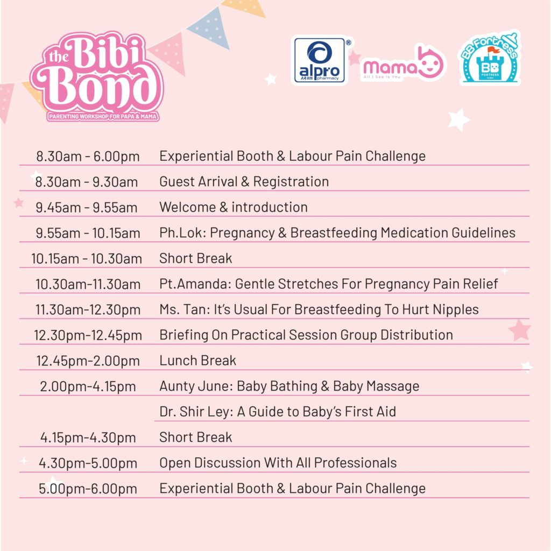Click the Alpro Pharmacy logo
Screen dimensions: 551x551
(320, 60)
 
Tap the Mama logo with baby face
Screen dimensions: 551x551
(402, 63)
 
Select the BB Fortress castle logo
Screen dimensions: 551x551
(490, 58)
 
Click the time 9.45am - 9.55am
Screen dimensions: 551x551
(87, 207)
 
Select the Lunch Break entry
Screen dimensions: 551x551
(197, 361)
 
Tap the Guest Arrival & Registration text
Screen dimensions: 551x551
(244, 182)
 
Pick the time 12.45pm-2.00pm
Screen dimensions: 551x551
(88, 361)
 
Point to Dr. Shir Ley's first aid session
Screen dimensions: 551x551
(278, 412)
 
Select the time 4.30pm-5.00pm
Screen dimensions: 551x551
(88, 463)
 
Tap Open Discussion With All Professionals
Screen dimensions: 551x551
(278, 463)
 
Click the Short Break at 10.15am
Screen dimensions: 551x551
(196, 258)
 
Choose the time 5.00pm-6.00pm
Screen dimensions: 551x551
(88, 489)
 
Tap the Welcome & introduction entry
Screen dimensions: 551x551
(234, 207)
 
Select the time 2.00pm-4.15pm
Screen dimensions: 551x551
(88, 386)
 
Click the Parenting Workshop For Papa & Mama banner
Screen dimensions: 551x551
(103, 116)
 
